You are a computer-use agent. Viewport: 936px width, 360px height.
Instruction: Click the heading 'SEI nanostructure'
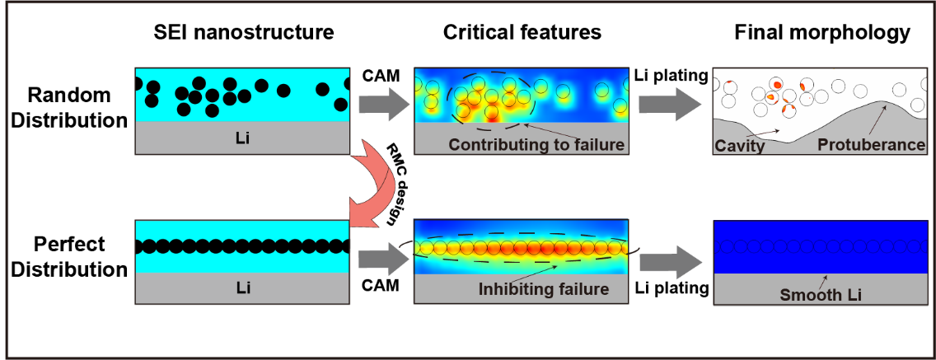point(245,33)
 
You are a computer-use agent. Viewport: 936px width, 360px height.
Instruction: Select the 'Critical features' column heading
point(522,33)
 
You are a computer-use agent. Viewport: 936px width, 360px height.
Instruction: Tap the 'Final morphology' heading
point(822,33)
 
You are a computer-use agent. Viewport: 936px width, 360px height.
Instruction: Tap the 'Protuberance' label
point(872,145)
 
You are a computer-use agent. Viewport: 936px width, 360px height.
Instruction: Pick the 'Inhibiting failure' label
point(543,289)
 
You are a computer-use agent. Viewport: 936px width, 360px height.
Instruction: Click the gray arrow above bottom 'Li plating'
point(669,259)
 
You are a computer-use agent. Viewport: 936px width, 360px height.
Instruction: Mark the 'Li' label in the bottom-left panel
point(245,288)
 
